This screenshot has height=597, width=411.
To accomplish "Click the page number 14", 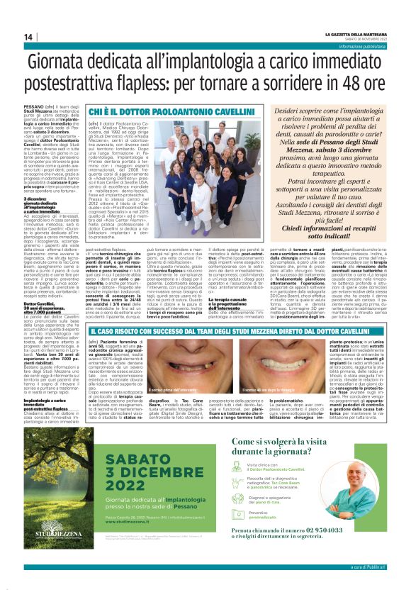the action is (28, 37).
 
